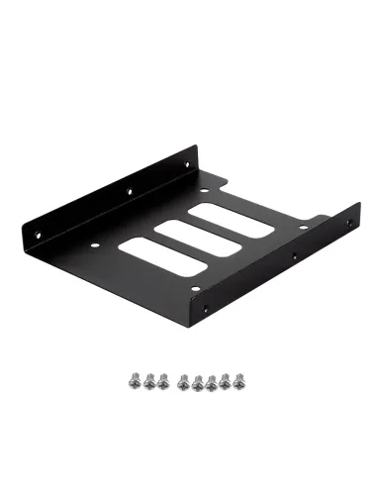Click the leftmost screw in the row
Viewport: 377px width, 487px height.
pos(135,377)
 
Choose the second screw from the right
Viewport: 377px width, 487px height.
pos(224,377)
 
